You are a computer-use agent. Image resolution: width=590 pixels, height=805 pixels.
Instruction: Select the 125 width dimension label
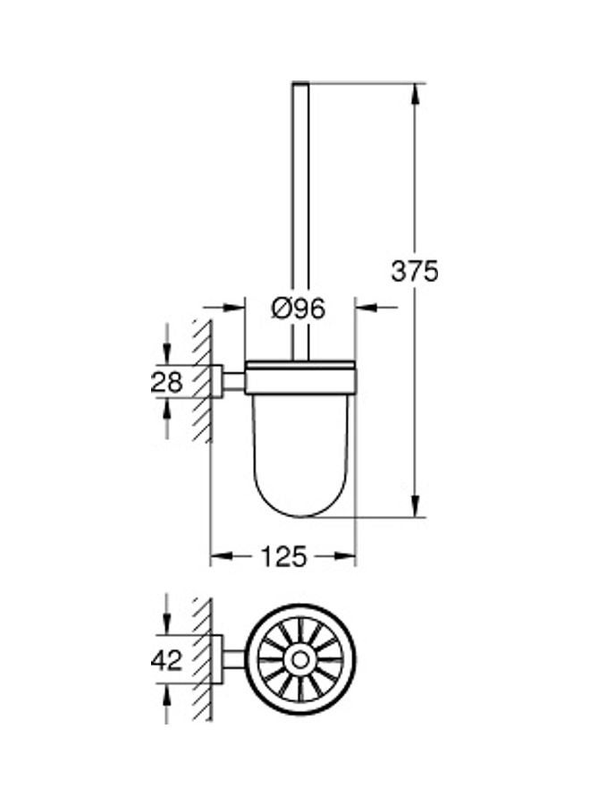click(x=283, y=556)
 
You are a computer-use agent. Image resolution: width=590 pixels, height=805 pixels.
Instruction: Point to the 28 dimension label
click(x=167, y=381)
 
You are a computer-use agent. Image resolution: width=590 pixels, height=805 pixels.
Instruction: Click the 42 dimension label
click(x=167, y=660)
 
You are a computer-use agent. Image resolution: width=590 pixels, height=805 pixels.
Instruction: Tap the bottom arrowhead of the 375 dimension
click(x=417, y=505)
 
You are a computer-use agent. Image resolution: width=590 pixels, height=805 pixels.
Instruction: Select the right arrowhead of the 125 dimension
click(x=344, y=556)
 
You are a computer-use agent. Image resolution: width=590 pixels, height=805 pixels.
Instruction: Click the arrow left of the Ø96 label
click(x=223, y=308)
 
